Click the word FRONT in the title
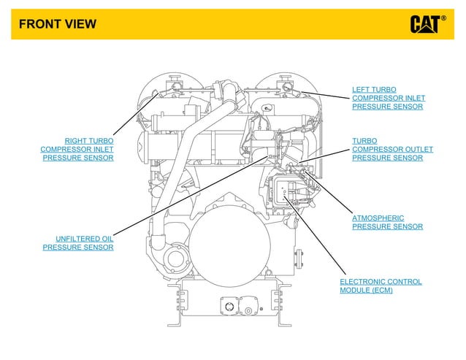[37, 24]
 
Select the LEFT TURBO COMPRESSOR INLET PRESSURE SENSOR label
[388, 98]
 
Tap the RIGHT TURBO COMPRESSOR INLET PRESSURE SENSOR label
[77, 149]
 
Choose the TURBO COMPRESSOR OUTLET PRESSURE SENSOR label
[392, 149]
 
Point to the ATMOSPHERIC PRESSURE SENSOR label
[387, 222]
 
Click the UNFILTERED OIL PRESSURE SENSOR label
[78, 242]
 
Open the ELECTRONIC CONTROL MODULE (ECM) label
[381, 286]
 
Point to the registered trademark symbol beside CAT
[443, 18]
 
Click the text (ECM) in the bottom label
[381, 291]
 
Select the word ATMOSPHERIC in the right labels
[378, 218]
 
